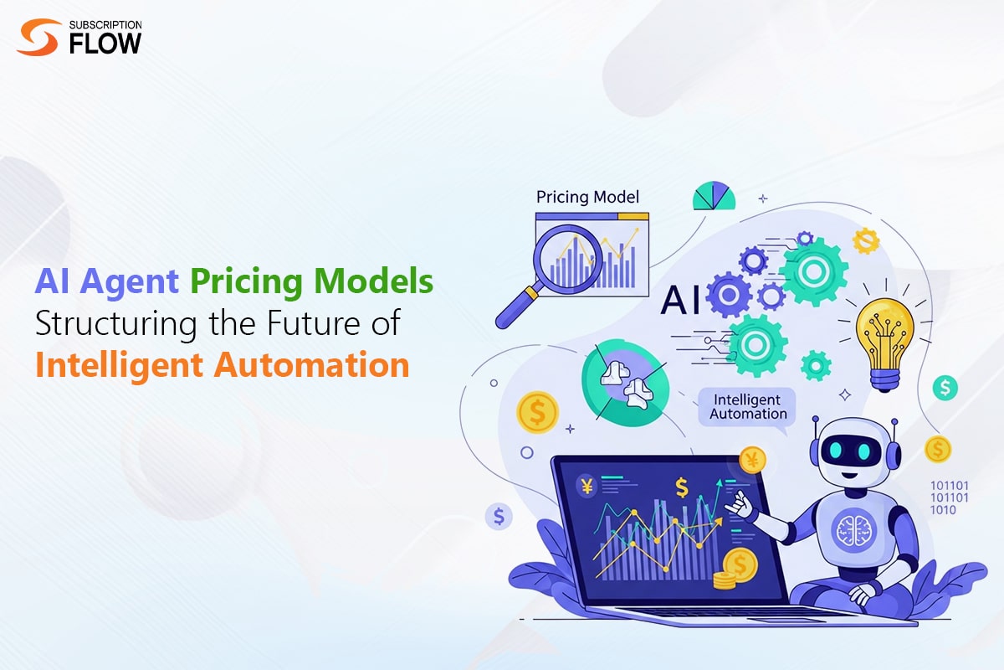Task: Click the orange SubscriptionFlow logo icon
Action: (x=38, y=38)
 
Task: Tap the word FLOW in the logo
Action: (x=105, y=44)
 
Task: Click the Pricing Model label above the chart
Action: (x=587, y=198)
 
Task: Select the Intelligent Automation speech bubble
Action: (x=748, y=407)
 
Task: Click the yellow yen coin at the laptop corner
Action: (x=753, y=459)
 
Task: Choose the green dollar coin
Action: (x=946, y=388)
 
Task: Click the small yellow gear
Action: (x=866, y=240)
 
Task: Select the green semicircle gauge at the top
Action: (x=714, y=197)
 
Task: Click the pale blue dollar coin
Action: (x=499, y=516)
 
